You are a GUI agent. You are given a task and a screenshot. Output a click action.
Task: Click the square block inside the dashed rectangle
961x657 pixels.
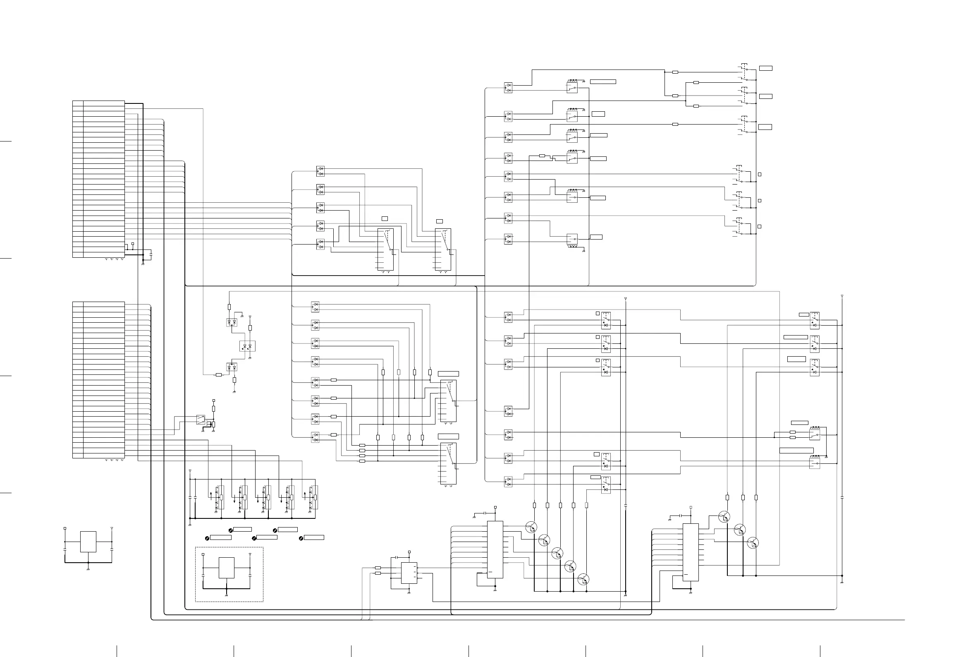(226, 568)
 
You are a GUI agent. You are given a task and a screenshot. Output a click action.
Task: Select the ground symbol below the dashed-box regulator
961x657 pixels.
(226, 595)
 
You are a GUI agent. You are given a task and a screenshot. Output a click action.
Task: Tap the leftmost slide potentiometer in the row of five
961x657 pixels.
(221, 497)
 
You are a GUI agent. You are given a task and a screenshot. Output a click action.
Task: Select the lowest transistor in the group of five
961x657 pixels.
(583, 579)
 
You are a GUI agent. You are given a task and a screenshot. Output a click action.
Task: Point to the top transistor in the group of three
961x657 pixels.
(724, 517)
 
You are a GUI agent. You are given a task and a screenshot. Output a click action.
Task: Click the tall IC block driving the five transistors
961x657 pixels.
(495, 549)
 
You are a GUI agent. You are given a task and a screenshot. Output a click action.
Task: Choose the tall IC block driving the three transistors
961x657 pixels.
(690, 552)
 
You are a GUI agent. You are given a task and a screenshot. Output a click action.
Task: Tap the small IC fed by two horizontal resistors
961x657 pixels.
(409, 573)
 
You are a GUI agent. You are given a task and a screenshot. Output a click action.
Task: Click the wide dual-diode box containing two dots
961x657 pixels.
(247, 346)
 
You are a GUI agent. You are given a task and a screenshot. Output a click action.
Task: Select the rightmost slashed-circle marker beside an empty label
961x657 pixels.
(301, 537)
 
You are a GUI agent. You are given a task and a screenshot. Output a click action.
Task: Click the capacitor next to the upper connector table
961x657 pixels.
(151, 253)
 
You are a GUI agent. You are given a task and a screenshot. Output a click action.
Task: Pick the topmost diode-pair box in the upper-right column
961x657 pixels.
(508, 88)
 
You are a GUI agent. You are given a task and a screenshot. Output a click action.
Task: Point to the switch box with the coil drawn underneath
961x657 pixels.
(572, 239)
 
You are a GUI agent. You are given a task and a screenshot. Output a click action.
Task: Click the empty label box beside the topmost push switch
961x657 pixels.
(765, 68)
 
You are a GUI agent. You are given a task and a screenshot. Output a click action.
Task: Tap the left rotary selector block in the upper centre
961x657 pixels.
(385, 249)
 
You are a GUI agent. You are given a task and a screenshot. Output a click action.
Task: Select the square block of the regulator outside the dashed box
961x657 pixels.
(88, 542)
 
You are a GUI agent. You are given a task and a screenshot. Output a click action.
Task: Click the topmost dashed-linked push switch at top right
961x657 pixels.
(744, 73)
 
